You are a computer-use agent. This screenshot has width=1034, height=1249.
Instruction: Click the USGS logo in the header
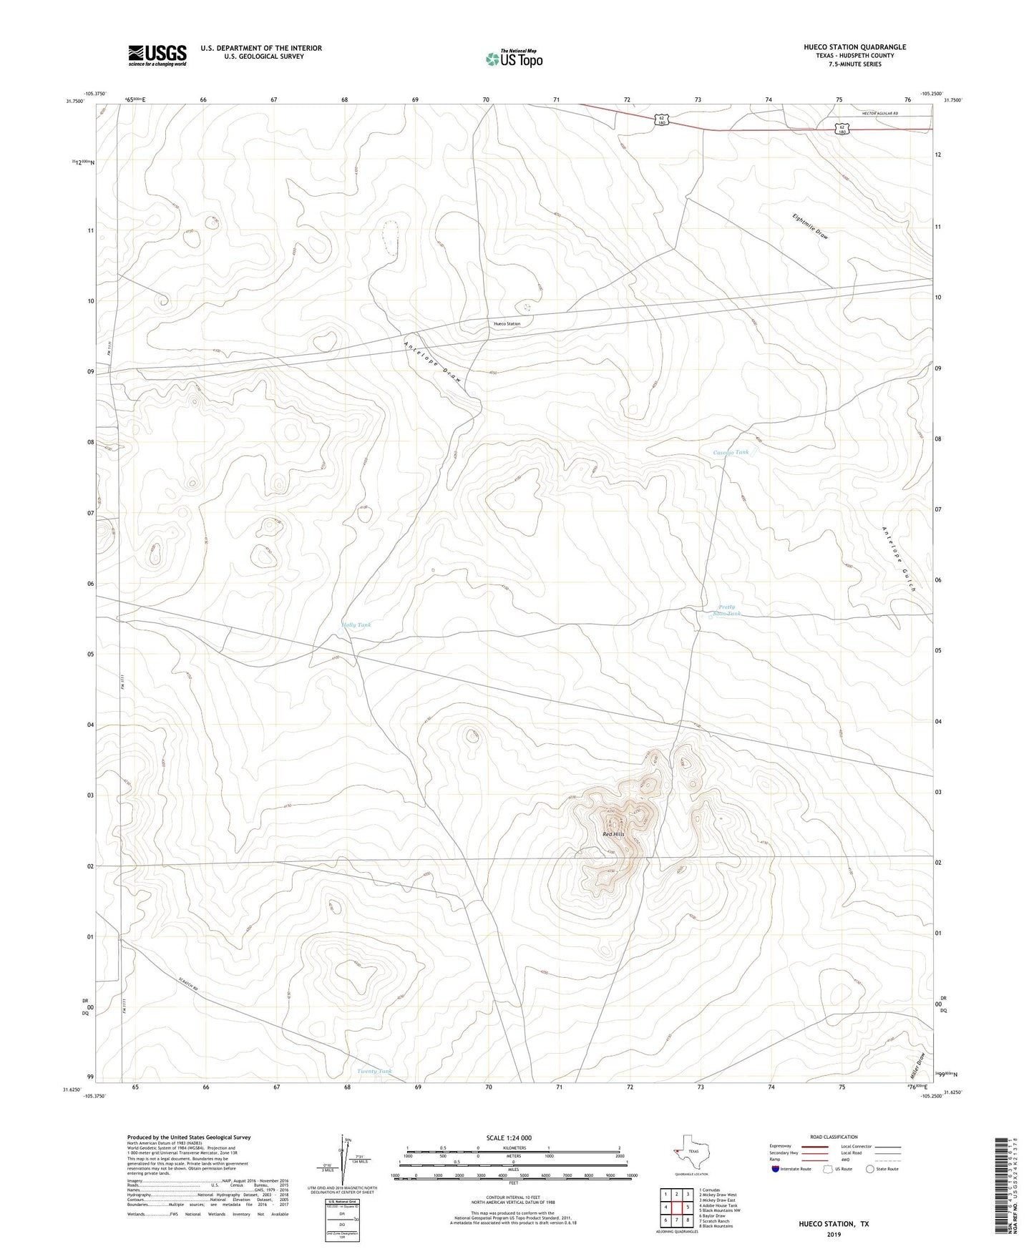157,54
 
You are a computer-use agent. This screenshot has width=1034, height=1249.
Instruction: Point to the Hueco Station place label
507,324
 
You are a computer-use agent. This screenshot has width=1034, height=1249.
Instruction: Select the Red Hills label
613,834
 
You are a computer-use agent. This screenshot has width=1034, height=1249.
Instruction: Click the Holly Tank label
356,625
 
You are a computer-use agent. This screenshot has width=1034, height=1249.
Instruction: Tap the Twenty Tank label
374,1071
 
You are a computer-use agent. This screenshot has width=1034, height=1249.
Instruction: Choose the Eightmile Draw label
810,226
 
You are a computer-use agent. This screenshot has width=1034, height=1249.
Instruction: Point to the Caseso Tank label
731,452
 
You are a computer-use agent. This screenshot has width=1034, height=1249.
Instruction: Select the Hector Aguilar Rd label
879,114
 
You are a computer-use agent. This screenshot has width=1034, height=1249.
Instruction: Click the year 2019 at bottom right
833,1234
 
